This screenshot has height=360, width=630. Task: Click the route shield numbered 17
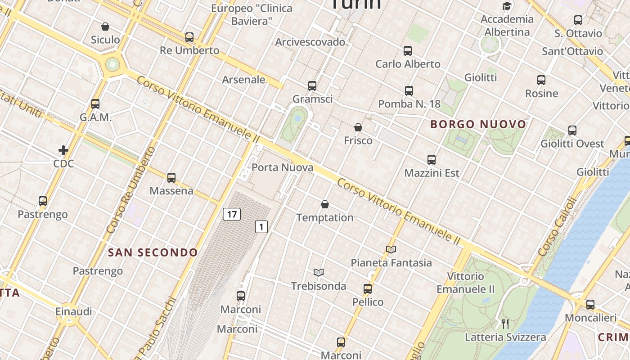pyautogui.click(x=232, y=214)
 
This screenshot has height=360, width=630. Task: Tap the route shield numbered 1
pyautogui.click(x=261, y=227)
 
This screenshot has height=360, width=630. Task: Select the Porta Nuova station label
pyautogui.click(x=282, y=168)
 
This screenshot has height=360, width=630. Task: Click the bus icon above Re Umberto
pyautogui.click(x=189, y=37)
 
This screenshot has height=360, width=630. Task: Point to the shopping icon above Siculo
pyautogui.click(x=105, y=27)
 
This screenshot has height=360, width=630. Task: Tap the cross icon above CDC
pyautogui.click(x=63, y=150)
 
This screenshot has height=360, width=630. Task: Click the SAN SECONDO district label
pyautogui.click(x=153, y=252)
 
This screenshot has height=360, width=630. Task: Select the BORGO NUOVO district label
pyautogui.click(x=478, y=124)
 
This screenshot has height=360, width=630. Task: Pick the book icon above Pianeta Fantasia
pyautogui.click(x=391, y=249)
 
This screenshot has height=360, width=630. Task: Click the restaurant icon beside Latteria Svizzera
pyautogui.click(x=505, y=324)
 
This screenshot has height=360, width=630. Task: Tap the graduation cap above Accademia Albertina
pyautogui.click(x=507, y=6)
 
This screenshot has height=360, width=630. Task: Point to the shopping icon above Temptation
pyautogui.click(x=325, y=205)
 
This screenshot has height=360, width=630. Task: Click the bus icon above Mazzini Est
pyautogui.click(x=432, y=160)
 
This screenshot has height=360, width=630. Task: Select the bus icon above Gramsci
pyautogui.click(x=312, y=86)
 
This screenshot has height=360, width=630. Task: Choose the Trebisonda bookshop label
pyautogui.click(x=319, y=286)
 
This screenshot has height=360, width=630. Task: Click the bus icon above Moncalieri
pyautogui.click(x=590, y=305)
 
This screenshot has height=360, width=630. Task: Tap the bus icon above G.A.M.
pyautogui.click(x=95, y=104)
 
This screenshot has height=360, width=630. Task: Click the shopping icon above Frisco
pyautogui.click(x=358, y=128)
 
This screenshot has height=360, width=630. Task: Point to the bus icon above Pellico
pyautogui.click(x=368, y=289)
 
